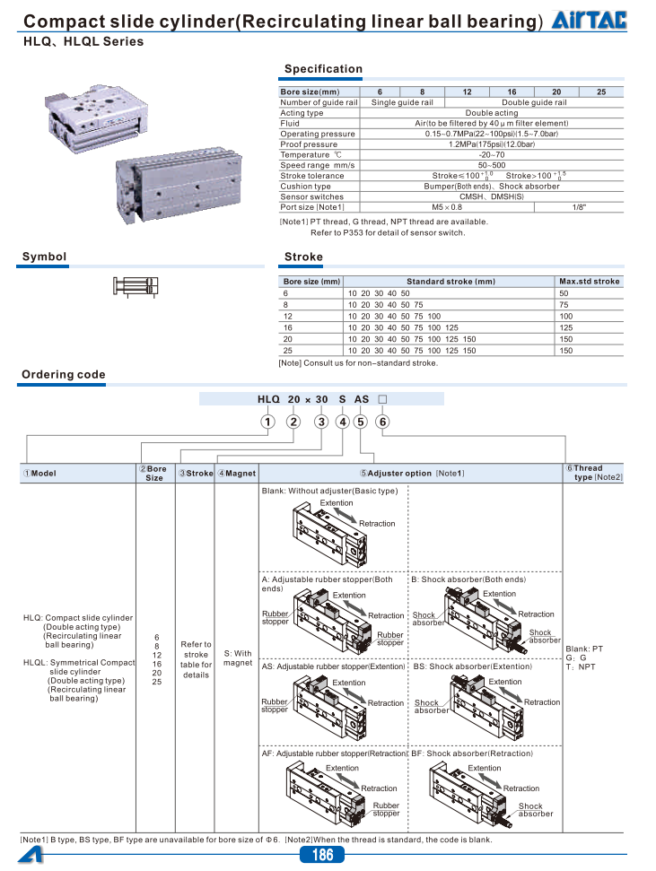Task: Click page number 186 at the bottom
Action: (x=322, y=855)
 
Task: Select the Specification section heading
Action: (x=323, y=69)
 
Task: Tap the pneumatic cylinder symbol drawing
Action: (x=136, y=286)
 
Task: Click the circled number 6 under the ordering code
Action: (x=382, y=422)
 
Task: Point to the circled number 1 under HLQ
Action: (x=267, y=422)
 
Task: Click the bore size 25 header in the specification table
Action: (x=601, y=91)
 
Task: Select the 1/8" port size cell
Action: (x=580, y=207)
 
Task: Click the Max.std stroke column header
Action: (x=590, y=282)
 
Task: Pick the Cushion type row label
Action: (x=305, y=186)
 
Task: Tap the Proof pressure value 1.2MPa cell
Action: (x=492, y=144)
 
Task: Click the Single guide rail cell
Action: (x=402, y=102)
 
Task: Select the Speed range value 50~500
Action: (x=492, y=165)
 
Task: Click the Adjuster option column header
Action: (x=412, y=473)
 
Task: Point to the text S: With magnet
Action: (x=238, y=658)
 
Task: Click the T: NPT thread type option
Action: (x=581, y=666)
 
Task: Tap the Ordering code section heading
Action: (x=64, y=375)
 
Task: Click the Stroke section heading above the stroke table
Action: (x=303, y=257)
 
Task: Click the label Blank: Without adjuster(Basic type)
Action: (x=329, y=491)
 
